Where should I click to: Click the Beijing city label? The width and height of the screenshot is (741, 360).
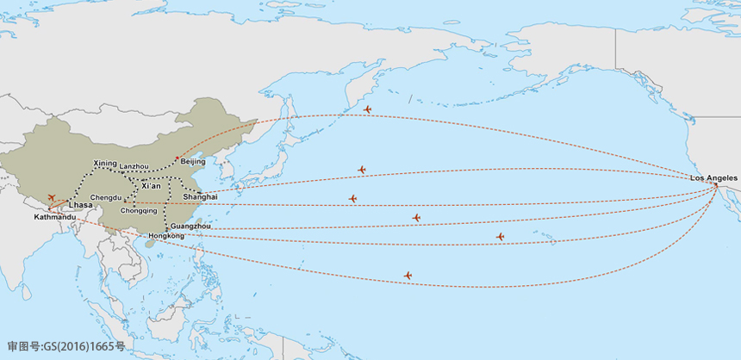[x=194, y=162]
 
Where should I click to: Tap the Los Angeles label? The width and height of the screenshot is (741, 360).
[x=713, y=177]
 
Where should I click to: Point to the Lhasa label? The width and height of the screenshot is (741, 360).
[x=80, y=206]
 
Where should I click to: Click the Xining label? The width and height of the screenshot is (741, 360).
[x=104, y=163]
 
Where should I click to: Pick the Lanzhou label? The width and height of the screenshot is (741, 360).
[x=134, y=166]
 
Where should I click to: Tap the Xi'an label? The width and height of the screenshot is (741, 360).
[x=151, y=186]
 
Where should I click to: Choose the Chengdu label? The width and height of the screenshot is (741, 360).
[x=105, y=197]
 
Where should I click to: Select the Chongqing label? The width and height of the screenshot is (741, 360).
[x=139, y=210]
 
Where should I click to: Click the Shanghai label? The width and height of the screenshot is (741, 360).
[x=200, y=197]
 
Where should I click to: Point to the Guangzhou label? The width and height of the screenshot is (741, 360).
[x=190, y=226]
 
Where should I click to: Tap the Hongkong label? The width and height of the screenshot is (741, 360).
[x=166, y=236]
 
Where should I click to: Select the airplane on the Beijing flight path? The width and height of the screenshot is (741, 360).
[x=367, y=109]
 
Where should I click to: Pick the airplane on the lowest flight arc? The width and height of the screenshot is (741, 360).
[x=408, y=276]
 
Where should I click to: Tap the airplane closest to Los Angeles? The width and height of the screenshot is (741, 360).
[x=500, y=237]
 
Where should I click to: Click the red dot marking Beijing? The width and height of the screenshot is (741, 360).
[x=177, y=158]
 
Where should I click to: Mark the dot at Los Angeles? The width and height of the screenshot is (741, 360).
[x=715, y=184]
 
